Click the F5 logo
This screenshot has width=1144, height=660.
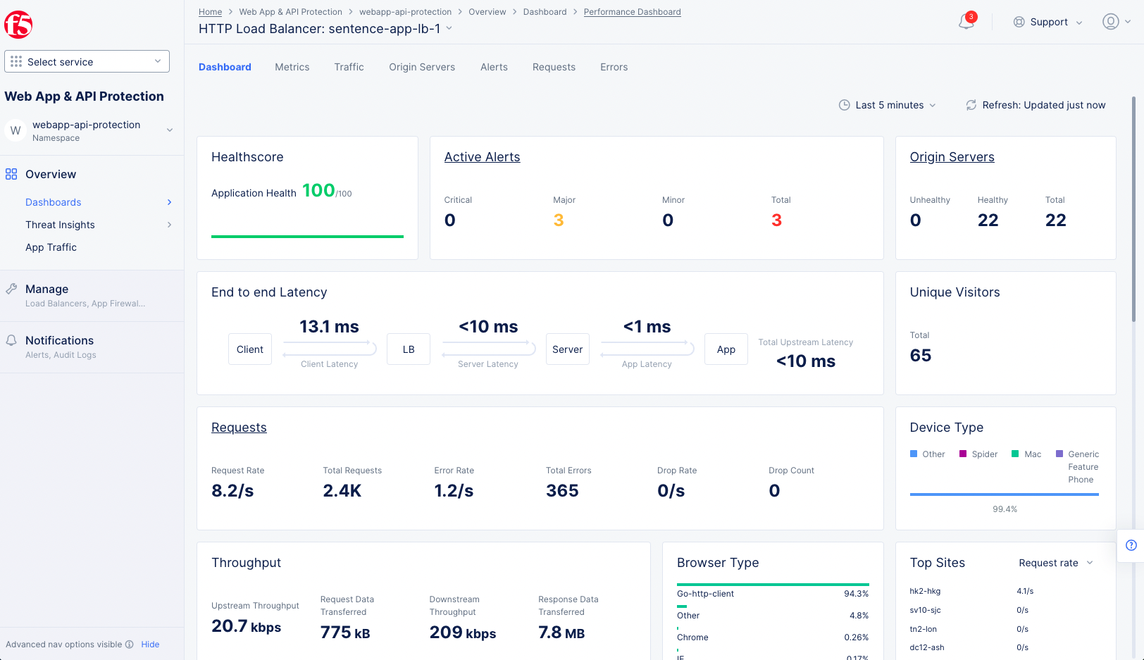18,25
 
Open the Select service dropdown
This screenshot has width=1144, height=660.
87,61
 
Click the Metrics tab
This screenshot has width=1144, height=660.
292,67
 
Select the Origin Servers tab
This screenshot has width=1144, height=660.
421,67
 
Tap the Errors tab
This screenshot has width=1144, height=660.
614,67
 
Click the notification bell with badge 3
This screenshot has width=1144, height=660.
966,22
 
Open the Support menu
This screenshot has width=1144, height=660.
1047,22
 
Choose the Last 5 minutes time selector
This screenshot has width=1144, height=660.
888,105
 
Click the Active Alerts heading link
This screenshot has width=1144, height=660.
482,157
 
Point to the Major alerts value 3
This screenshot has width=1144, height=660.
559,220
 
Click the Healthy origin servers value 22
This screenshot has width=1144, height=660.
988,220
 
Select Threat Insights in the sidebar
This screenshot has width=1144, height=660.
60,225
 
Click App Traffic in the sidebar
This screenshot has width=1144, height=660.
51,247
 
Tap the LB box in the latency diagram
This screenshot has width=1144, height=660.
409,349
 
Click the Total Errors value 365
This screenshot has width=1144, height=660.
562,491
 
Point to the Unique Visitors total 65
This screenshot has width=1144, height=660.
920,356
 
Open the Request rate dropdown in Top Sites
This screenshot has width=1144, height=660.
1055,563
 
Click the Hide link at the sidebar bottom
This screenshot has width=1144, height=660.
150,645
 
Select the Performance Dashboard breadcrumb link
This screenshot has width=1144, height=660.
632,12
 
